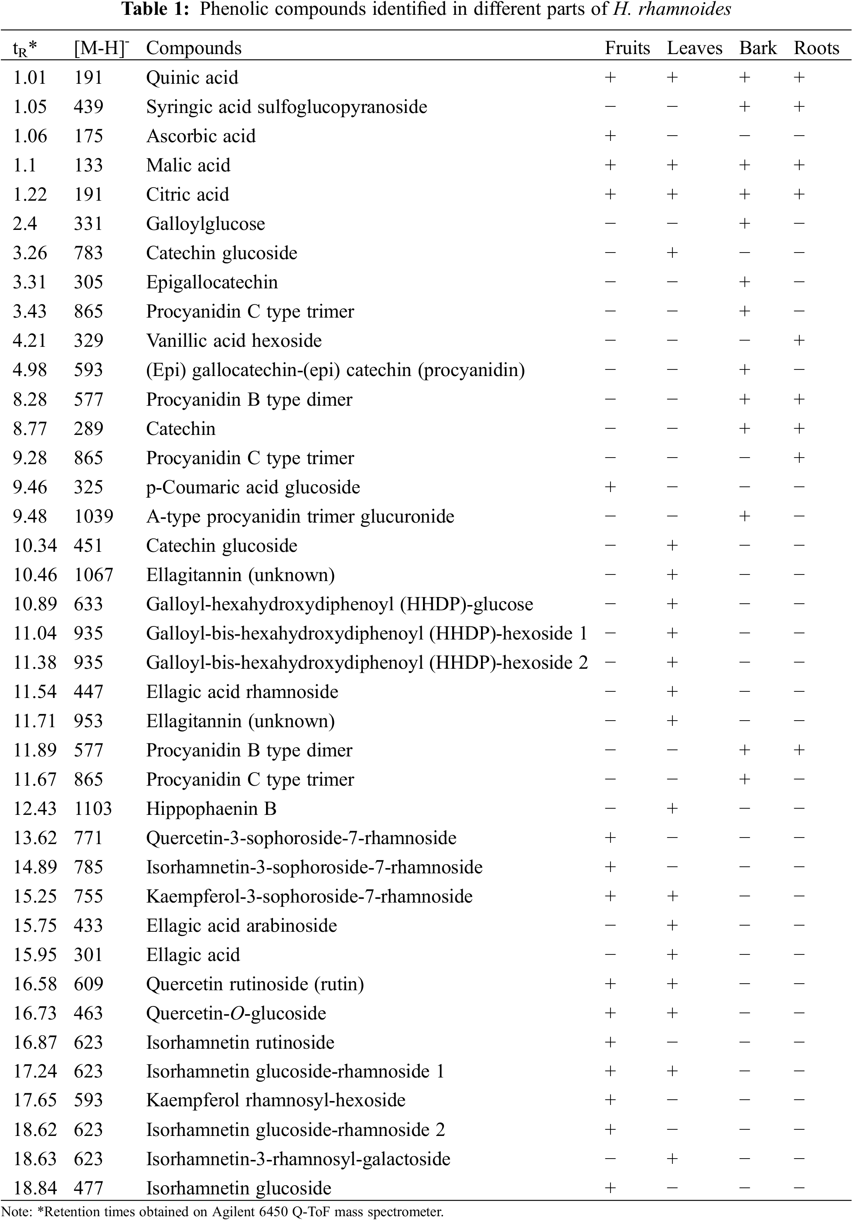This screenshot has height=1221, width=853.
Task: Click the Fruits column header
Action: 627,48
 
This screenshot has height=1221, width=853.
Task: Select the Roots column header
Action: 816,48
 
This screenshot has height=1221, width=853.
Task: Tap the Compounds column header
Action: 194,48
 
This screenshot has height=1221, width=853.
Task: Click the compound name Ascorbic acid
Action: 201,136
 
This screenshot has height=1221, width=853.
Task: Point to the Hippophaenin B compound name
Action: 211,809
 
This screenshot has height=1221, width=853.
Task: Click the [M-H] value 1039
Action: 94,516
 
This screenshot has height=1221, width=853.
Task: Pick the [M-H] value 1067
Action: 94,575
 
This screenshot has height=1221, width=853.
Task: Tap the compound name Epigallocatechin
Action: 212,282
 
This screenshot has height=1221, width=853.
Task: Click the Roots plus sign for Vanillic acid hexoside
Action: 799,341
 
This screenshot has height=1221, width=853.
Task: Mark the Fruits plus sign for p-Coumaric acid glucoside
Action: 610,487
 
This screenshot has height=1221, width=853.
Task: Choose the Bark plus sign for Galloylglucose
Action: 744,224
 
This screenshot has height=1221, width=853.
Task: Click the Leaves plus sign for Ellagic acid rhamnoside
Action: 672,692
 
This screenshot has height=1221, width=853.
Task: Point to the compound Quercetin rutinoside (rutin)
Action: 255,984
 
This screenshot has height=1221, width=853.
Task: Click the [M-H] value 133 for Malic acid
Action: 88,165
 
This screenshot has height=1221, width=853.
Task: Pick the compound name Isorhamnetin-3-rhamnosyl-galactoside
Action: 298,1159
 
